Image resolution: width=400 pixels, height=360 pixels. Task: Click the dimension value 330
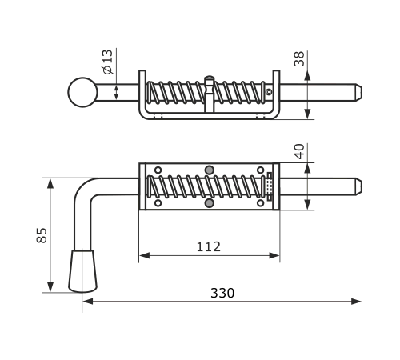pos(222,293)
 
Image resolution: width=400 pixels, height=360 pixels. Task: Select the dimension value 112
pos(209,246)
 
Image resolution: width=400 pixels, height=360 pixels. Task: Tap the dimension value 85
pos(42,235)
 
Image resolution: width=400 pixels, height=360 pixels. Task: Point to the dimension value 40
pos(300,151)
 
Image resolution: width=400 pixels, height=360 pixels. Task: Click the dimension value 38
pos(299,58)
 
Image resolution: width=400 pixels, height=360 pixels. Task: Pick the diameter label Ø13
pos(108,62)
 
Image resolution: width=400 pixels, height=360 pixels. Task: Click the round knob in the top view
pos(82,92)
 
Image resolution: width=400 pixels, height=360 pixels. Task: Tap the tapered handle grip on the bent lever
pos(82,271)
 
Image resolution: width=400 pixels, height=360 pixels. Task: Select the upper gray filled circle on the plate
pos(210,170)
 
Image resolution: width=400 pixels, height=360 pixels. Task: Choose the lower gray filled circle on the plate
pos(210,203)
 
